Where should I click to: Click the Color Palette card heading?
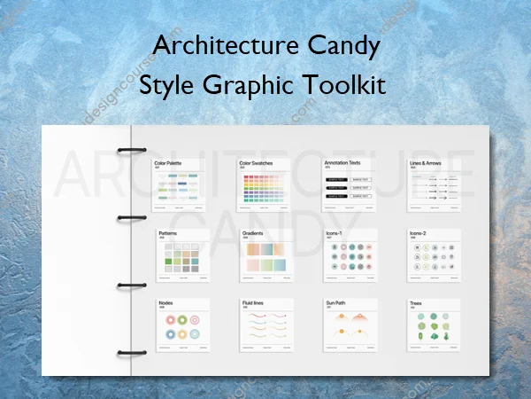169,162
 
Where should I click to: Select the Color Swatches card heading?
257,162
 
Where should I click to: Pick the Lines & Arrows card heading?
427,162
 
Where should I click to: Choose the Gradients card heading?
252,232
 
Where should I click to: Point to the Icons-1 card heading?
335,232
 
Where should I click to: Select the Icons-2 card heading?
418,232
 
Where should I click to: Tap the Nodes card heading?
165,302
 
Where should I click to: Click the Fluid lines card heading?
253,302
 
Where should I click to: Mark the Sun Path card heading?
336,302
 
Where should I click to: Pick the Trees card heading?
415,302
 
